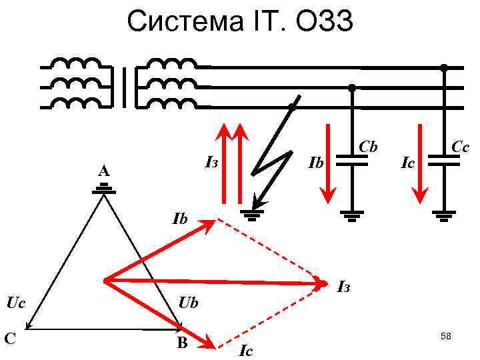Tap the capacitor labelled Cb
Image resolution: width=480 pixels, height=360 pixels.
coord(352,160)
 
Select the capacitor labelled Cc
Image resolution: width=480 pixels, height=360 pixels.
coord(443,160)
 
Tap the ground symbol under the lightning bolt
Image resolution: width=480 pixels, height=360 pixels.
coord(253,214)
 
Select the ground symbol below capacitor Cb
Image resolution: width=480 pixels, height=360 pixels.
coord(352,215)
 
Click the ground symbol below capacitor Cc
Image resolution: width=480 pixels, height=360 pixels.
coord(443,215)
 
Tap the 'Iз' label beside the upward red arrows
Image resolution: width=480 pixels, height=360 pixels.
coord(213,162)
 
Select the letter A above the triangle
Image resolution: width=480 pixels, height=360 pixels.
coord(103,173)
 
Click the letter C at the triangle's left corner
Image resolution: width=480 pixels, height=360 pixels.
coord(10,339)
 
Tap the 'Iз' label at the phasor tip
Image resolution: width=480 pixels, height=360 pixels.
coord(343,287)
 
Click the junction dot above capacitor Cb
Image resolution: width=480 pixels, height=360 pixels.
coord(352,87)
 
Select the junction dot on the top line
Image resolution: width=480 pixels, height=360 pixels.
coord(443,67)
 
